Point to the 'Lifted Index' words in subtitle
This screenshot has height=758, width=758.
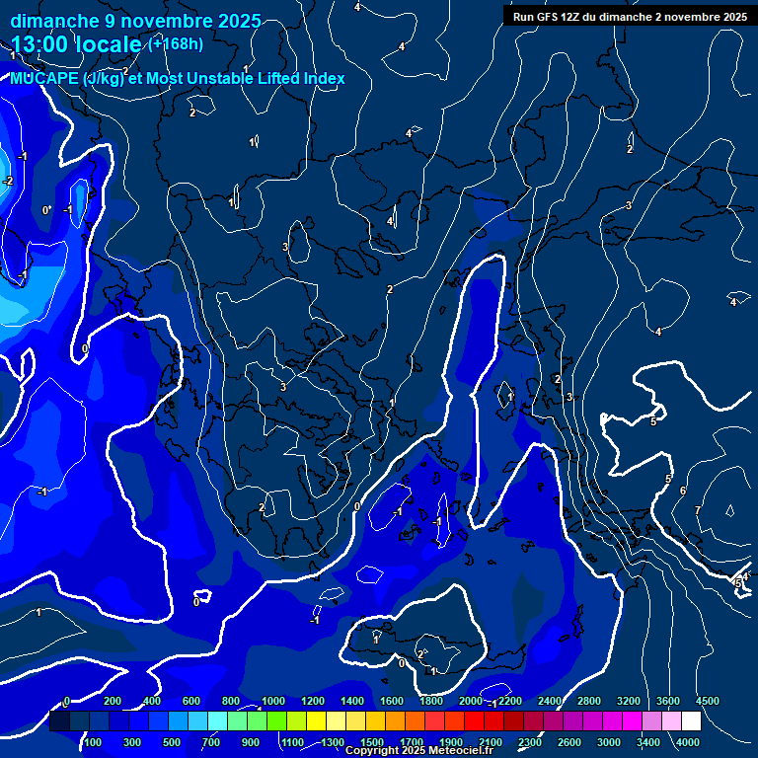click(296, 79)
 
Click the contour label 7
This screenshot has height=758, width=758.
click(698, 510)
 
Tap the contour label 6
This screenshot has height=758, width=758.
click(682, 491)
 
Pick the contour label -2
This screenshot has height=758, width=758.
click(8, 181)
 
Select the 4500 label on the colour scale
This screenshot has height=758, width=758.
click(707, 701)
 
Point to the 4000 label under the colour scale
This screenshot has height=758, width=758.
click(688, 742)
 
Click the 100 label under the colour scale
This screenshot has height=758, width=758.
click(93, 742)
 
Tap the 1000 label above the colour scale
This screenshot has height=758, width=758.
click(272, 701)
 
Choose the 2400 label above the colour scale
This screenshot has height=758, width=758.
click(550, 701)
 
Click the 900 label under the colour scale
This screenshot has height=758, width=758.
click(250, 742)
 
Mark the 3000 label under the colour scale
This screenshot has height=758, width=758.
click(609, 742)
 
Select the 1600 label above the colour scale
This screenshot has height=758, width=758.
click(391, 701)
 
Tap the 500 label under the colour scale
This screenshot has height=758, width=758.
click(172, 742)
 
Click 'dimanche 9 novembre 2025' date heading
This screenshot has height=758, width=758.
click(135, 21)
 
